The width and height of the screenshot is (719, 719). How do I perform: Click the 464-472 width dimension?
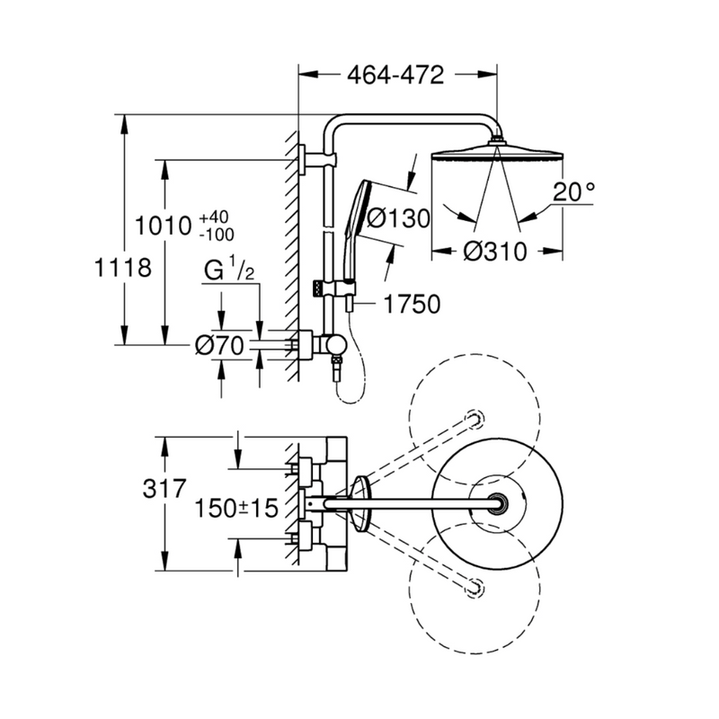395,75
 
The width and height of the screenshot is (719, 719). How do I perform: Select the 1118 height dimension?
120,267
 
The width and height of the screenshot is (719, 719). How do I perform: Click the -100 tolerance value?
216,234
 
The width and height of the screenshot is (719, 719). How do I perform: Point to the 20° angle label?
573,191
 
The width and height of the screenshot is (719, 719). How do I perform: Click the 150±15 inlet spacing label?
235,507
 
